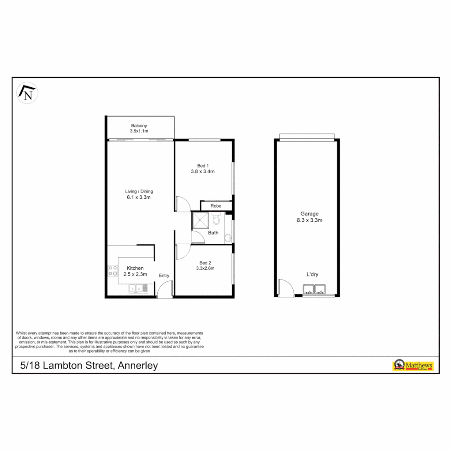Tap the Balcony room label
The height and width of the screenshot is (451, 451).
click(x=139, y=125)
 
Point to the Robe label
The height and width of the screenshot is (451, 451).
click(x=215, y=206)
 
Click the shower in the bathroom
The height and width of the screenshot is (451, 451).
click(x=200, y=220)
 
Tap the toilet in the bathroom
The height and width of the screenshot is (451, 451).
click(x=216, y=219)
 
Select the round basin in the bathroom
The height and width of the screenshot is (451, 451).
click(x=227, y=238)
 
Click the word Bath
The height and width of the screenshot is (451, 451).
click(x=213, y=233)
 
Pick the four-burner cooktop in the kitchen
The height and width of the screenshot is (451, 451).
click(x=112, y=271)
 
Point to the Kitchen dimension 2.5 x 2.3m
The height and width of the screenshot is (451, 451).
click(x=135, y=274)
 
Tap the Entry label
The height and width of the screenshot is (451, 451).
click(x=164, y=275)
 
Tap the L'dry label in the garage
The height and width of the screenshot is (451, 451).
click(x=313, y=274)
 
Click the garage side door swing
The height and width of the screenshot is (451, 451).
click(x=286, y=288)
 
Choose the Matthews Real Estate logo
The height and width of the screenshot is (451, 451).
click(x=413, y=365)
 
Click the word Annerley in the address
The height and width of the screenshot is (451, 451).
click(x=137, y=366)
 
